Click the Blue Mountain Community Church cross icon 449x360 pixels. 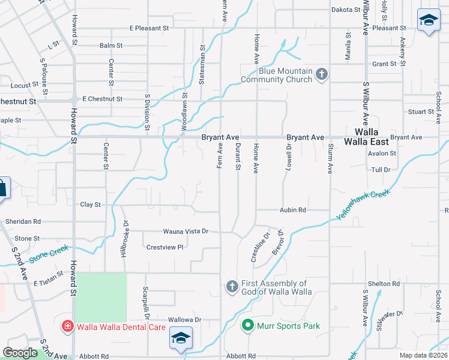pos(322,74)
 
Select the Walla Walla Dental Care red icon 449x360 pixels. pos(68,326)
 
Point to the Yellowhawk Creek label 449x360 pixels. pos(363,205)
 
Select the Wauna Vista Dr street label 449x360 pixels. pos(185,231)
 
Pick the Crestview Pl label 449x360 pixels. pos(164,247)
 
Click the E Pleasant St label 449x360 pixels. pos(149,28)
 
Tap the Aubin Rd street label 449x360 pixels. pos(293,210)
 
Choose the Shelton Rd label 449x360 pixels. pos(384,284)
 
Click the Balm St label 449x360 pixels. pos(111,46)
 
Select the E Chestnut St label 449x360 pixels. pos(103,99)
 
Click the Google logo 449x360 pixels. pos(20,353)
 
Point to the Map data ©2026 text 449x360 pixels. pos(424,355)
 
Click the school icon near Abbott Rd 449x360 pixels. pos(181,338)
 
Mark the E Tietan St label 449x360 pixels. pos(52,283)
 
